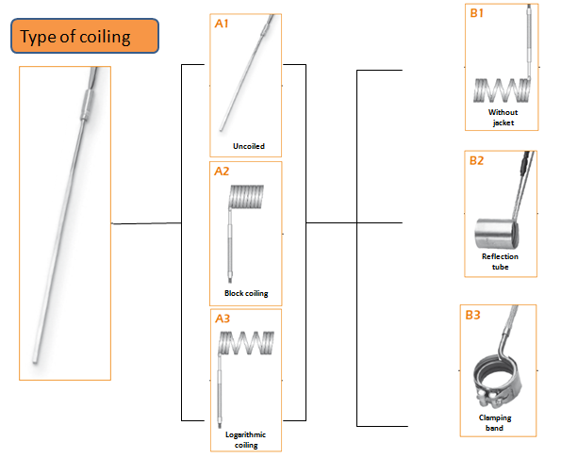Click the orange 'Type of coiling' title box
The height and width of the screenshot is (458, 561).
pyautogui.click(x=85, y=36)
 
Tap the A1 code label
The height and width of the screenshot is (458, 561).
pyautogui.click(x=222, y=24)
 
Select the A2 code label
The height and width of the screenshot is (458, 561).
pyautogui.click(x=222, y=172)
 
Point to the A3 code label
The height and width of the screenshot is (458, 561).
pyautogui.click(x=223, y=319)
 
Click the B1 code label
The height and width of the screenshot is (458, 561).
pyautogui.click(x=476, y=13)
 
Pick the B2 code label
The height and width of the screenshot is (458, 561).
pyautogui.click(x=476, y=160)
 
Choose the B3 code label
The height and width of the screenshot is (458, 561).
pyautogui.click(x=472, y=315)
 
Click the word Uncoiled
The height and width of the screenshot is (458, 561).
pyautogui.click(x=249, y=146)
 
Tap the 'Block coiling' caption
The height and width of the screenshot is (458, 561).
pyautogui.click(x=246, y=293)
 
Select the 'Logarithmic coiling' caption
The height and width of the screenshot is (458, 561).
pyautogui.click(x=246, y=440)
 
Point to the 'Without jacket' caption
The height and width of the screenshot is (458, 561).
pyautogui.click(x=503, y=117)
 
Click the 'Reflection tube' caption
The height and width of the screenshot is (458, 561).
pyautogui.click(x=500, y=261)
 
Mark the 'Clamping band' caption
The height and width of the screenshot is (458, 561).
pyautogui.click(x=495, y=422)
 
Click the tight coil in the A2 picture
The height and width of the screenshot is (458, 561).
pyautogui.click(x=246, y=196)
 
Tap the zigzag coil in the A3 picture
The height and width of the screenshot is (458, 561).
pyautogui.click(x=246, y=343)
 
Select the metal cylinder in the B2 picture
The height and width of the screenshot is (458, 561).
pyautogui.click(x=497, y=234)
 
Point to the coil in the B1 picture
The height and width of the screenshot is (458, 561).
pyautogui.click(x=502, y=90)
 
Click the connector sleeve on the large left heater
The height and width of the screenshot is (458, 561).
pyautogui.click(x=86, y=105)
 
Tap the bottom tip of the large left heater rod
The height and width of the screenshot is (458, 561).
pyautogui.click(x=35, y=362)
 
